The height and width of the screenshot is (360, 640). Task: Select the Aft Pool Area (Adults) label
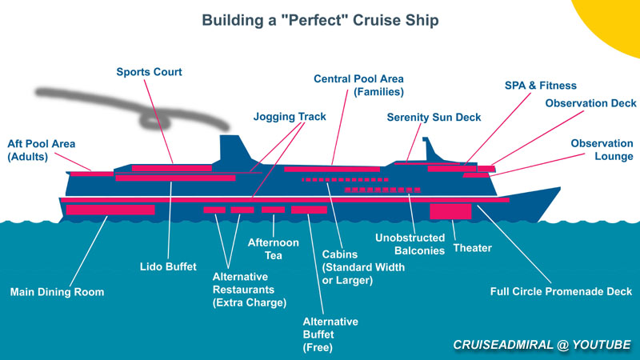tap(41, 150)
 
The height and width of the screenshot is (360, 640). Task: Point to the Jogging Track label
tap(290, 116)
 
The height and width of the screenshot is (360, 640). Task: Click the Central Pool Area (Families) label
tap(358, 86)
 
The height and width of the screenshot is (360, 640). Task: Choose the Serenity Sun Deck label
tap(434, 117)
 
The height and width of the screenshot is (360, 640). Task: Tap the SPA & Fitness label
tap(540, 86)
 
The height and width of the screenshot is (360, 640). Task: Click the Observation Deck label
tap(590, 103)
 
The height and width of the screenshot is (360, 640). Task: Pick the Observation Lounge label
tap(602, 150)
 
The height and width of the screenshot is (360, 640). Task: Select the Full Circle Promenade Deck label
tap(561, 291)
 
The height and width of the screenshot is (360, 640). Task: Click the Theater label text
tap(472, 248)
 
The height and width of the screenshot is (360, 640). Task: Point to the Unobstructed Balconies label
tap(410, 244)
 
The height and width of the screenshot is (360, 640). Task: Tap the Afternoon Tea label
tap(273, 248)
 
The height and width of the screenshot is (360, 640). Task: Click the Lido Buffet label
tap(168, 266)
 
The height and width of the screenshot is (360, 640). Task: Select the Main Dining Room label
tap(57, 292)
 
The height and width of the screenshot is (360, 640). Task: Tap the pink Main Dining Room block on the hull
tap(99, 210)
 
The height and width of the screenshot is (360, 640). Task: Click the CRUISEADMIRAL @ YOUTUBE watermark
tap(542, 345)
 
